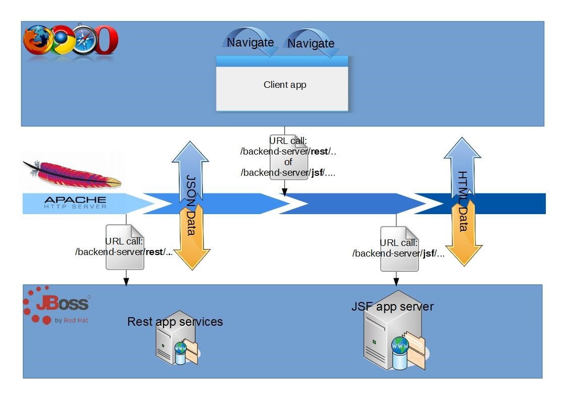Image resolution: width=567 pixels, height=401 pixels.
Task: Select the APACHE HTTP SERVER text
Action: [75, 203]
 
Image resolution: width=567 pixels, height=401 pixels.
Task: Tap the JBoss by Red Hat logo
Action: [57, 305]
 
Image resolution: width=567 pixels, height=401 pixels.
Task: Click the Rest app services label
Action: [175, 322]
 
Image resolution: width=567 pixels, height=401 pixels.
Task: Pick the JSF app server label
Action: [392, 307]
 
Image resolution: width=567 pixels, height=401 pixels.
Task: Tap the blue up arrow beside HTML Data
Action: [462, 164]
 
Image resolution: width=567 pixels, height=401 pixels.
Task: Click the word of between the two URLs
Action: [288, 162]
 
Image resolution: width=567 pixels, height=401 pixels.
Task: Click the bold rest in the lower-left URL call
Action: [153, 252]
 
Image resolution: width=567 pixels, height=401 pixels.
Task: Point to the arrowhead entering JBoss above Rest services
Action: [126, 281]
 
